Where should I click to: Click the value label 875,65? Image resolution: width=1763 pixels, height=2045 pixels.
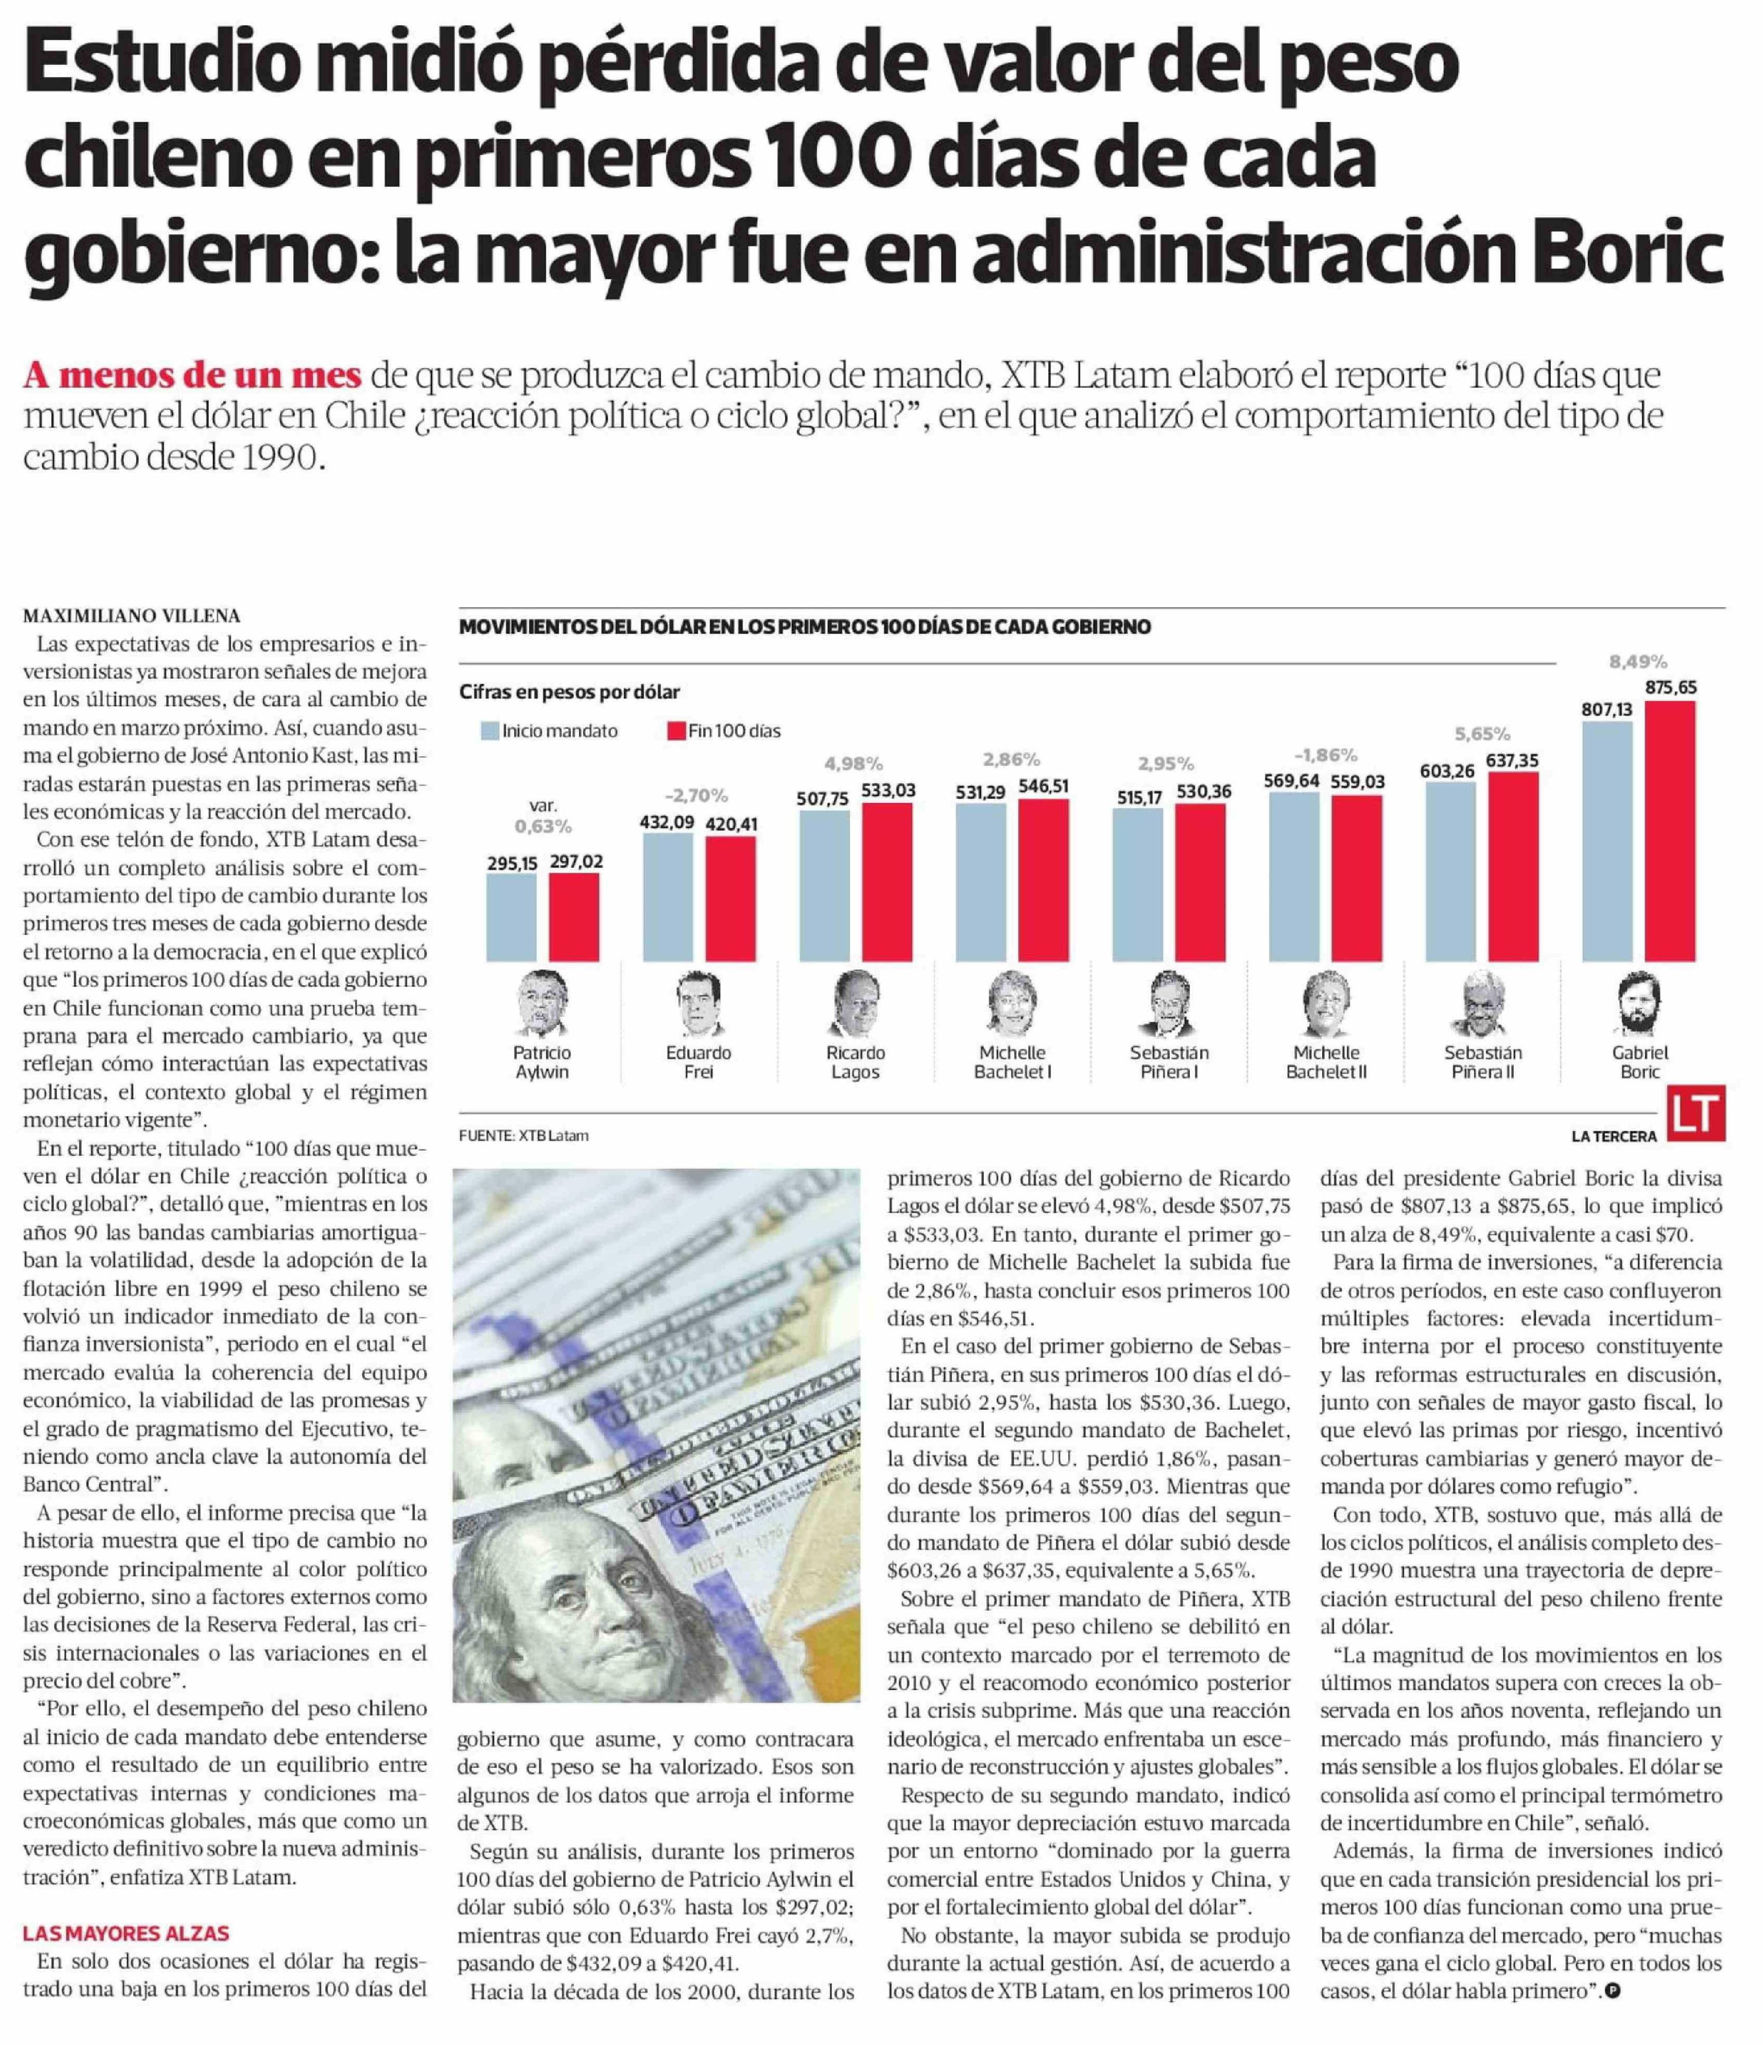(1670, 687)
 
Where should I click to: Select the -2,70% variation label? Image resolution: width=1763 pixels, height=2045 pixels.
(696, 794)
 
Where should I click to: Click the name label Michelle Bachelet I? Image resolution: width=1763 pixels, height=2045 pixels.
(1012, 1062)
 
